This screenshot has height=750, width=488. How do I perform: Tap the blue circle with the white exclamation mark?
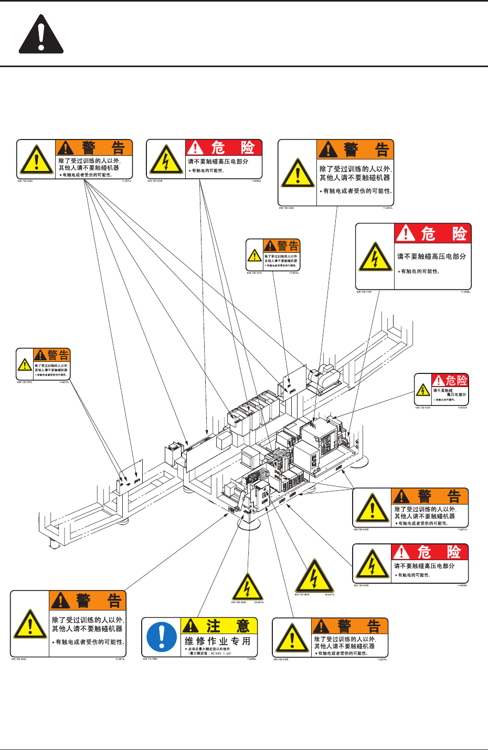[162, 637]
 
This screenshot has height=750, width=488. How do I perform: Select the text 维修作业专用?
[217, 641]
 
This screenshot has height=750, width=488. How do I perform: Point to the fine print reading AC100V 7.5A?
[209, 653]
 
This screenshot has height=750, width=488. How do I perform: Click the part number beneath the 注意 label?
[150, 659]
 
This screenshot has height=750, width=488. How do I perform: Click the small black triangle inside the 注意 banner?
[190, 626]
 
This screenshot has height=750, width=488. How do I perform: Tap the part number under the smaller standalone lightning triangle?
[239, 602]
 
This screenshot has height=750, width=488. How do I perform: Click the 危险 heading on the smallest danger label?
[456, 380]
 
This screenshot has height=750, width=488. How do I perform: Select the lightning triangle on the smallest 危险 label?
[423, 390]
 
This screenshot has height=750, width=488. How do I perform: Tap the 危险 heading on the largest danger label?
[443, 234]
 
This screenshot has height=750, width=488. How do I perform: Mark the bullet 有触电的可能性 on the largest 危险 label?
[420, 271]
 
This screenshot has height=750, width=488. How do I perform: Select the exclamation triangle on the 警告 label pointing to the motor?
[298, 173]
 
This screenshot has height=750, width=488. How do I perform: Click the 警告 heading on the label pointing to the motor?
[365, 150]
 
